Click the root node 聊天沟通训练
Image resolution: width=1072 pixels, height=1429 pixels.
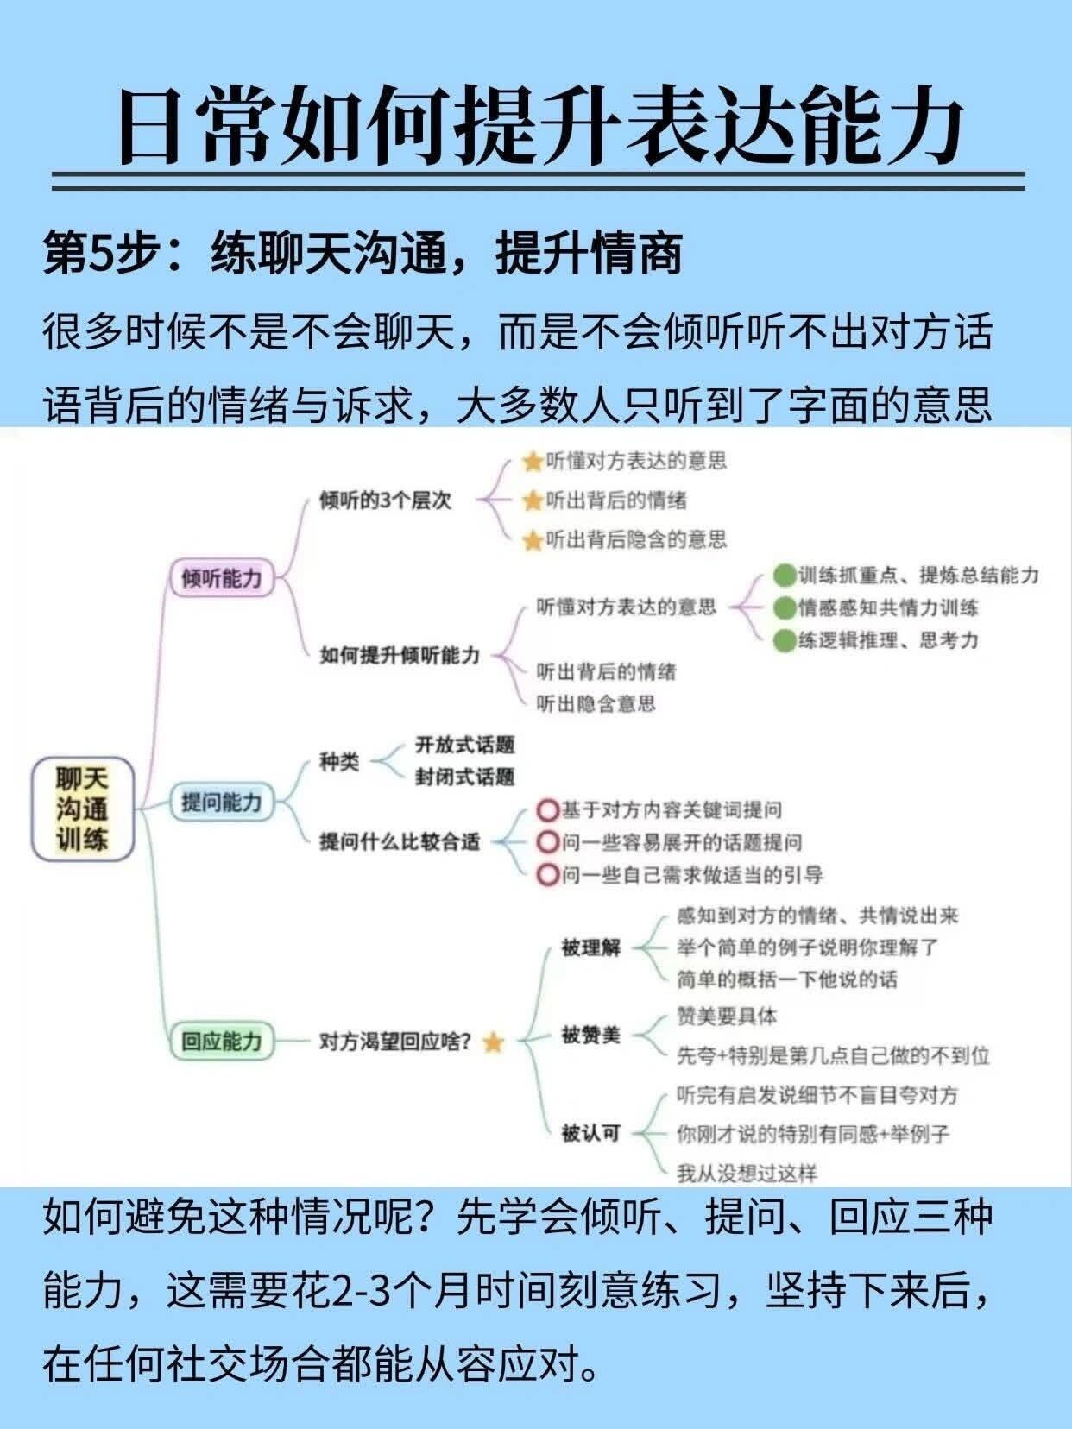(83, 809)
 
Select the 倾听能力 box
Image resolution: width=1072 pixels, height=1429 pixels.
(221, 577)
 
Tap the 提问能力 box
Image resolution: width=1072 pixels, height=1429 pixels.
(221, 802)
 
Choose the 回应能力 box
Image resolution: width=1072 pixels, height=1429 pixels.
(221, 1041)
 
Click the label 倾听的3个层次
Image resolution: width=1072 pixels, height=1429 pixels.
(385, 500)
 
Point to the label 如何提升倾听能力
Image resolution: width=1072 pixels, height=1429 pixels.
(399, 655)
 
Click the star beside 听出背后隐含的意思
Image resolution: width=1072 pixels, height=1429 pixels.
(533, 541)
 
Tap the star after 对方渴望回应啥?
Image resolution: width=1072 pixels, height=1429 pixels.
(493, 1042)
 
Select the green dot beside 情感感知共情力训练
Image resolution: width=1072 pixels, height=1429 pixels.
(784, 608)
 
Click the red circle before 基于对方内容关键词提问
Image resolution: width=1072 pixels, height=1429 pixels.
(547, 810)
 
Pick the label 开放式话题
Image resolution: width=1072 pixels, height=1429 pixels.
(464, 744)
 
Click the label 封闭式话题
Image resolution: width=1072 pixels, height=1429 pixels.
(464, 777)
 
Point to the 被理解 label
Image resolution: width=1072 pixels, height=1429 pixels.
(591, 947)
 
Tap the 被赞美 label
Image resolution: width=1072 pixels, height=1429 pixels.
(591, 1035)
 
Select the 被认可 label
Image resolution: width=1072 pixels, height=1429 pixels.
(591, 1132)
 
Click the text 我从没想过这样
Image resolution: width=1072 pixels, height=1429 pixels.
(747, 1173)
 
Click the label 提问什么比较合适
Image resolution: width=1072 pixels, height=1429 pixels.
(399, 841)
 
